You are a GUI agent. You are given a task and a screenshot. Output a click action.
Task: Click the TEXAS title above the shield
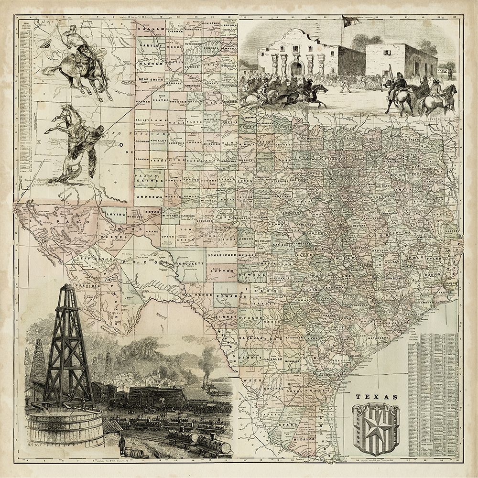tap(377, 397)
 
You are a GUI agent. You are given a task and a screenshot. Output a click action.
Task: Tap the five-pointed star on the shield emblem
tap(376, 425)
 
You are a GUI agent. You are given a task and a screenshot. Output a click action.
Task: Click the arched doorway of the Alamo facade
tap(297, 68)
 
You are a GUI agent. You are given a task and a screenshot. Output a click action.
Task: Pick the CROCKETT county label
tap(185, 263)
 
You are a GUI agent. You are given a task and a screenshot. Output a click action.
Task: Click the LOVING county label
tap(116, 215)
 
